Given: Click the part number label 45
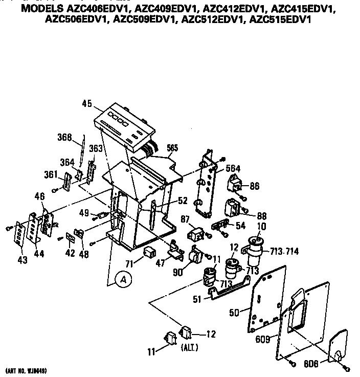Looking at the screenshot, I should tap(85, 105).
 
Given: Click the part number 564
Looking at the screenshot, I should tap(233, 169).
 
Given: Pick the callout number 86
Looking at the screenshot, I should tap(254, 187).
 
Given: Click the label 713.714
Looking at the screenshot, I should tap(285, 251).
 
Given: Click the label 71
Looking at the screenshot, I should tap(130, 263).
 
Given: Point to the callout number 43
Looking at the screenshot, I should tap(22, 260).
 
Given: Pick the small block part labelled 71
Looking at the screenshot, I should tap(149, 252).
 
